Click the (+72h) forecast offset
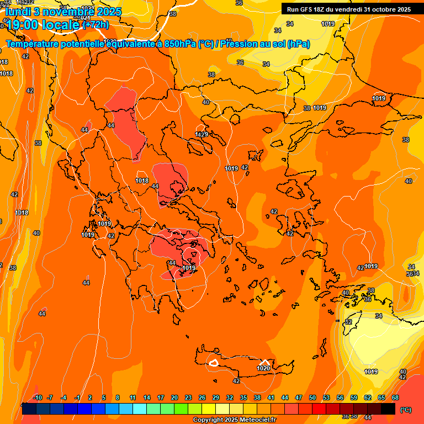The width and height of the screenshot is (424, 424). tap(96, 25)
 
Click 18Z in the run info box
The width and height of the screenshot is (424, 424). tap(324, 9)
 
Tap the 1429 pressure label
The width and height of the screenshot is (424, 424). tap(202, 135)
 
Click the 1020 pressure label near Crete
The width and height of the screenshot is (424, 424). tap(263, 368)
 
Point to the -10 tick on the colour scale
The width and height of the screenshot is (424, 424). tap(38, 397)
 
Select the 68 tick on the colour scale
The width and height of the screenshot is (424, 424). tap(395, 397)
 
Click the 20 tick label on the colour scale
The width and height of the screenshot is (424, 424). tap(174, 397)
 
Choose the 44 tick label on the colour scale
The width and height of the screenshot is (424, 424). tap(285, 397)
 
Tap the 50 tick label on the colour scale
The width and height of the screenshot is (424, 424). tap(312, 397)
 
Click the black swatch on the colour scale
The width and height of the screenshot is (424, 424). tap(388, 409)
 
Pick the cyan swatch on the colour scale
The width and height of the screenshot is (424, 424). tap(140, 409)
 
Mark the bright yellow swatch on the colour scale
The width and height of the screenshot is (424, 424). tap(209, 409)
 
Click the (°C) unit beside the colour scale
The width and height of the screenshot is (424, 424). tap(406, 410)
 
